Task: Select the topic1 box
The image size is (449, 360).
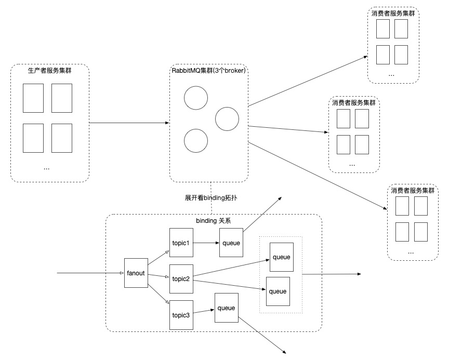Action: pyautogui.click(x=181, y=242)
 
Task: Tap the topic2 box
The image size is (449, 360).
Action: pyautogui.click(x=181, y=278)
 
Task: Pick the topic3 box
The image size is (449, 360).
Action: pyautogui.click(x=181, y=314)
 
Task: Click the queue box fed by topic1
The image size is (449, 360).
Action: pyautogui.click(x=231, y=242)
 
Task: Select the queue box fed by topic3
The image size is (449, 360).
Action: pyautogui.click(x=226, y=308)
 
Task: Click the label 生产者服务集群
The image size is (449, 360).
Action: pyautogui.click(x=49, y=70)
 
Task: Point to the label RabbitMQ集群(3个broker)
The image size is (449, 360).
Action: pyautogui.click(x=208, y=70)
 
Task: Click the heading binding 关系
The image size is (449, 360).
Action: pyautogui.click(x=213, y=220)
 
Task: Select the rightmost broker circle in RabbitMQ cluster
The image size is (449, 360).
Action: pyautogui.click(x=227, y=119)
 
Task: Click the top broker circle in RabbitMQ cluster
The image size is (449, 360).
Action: pyautogui.click(x=196, y=98)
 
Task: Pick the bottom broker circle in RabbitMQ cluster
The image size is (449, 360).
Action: pyautogui.click(x=196, y=141)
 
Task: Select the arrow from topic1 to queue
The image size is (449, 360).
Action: pyautogui.click(x=206, y=242)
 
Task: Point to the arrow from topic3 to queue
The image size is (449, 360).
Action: pyautogui.click(x=203, y=311)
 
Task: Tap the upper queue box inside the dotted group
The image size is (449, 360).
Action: pyautogui.click(x=281, y=257)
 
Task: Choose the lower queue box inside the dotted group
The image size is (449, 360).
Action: pyautogui.click(x=278, y=291)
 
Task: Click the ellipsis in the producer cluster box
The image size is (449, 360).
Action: pyautogui.click(x=47, y=168)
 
